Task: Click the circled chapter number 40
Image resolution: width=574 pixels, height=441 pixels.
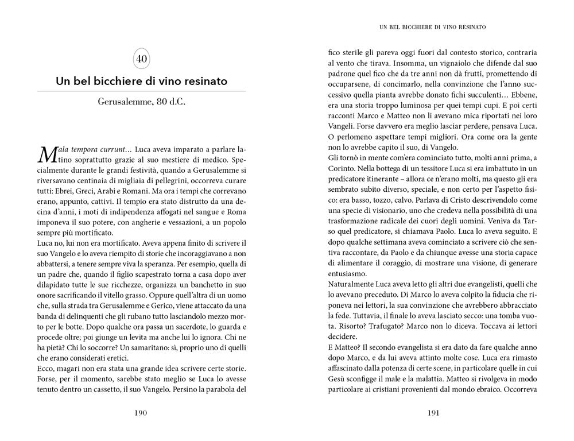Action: pos(142,59)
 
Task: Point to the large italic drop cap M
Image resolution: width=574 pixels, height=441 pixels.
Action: pos(46,154)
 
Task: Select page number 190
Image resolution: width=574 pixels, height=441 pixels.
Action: pos(141,412)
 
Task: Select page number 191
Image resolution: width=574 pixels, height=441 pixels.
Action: pos(432,412)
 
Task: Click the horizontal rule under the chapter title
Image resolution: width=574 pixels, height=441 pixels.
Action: pos(142,91)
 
